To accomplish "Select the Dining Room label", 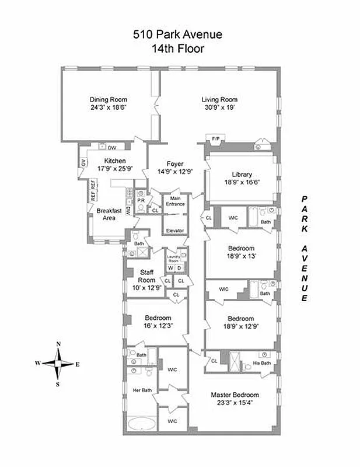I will click(109, 99).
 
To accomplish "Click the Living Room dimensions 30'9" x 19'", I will click(220, 107).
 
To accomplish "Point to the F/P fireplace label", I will click(215, 138).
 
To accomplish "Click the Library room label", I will click(240, 174).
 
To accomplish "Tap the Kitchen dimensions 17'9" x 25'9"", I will click(115, 169).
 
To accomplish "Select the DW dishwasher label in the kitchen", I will click(112, 148).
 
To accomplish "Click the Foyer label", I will click(175, 163).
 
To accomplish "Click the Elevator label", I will click(175, 231).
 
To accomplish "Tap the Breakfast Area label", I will click(108, 214).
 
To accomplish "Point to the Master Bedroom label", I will click(235, 395).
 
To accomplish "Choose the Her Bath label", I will click(142, 390).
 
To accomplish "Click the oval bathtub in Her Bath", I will click(142, 424).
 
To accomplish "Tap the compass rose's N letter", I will click(58, 344).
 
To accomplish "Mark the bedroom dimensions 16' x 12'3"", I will click(155, 325).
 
